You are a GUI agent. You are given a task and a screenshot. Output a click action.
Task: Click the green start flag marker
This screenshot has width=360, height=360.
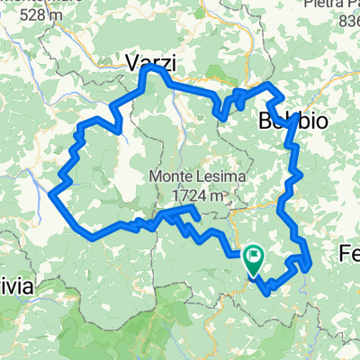[x=253, y=260]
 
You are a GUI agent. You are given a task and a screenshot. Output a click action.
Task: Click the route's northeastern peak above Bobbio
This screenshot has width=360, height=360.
[x=269, y=85]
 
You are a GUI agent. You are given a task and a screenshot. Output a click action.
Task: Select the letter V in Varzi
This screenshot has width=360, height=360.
[x=130, y=63]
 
